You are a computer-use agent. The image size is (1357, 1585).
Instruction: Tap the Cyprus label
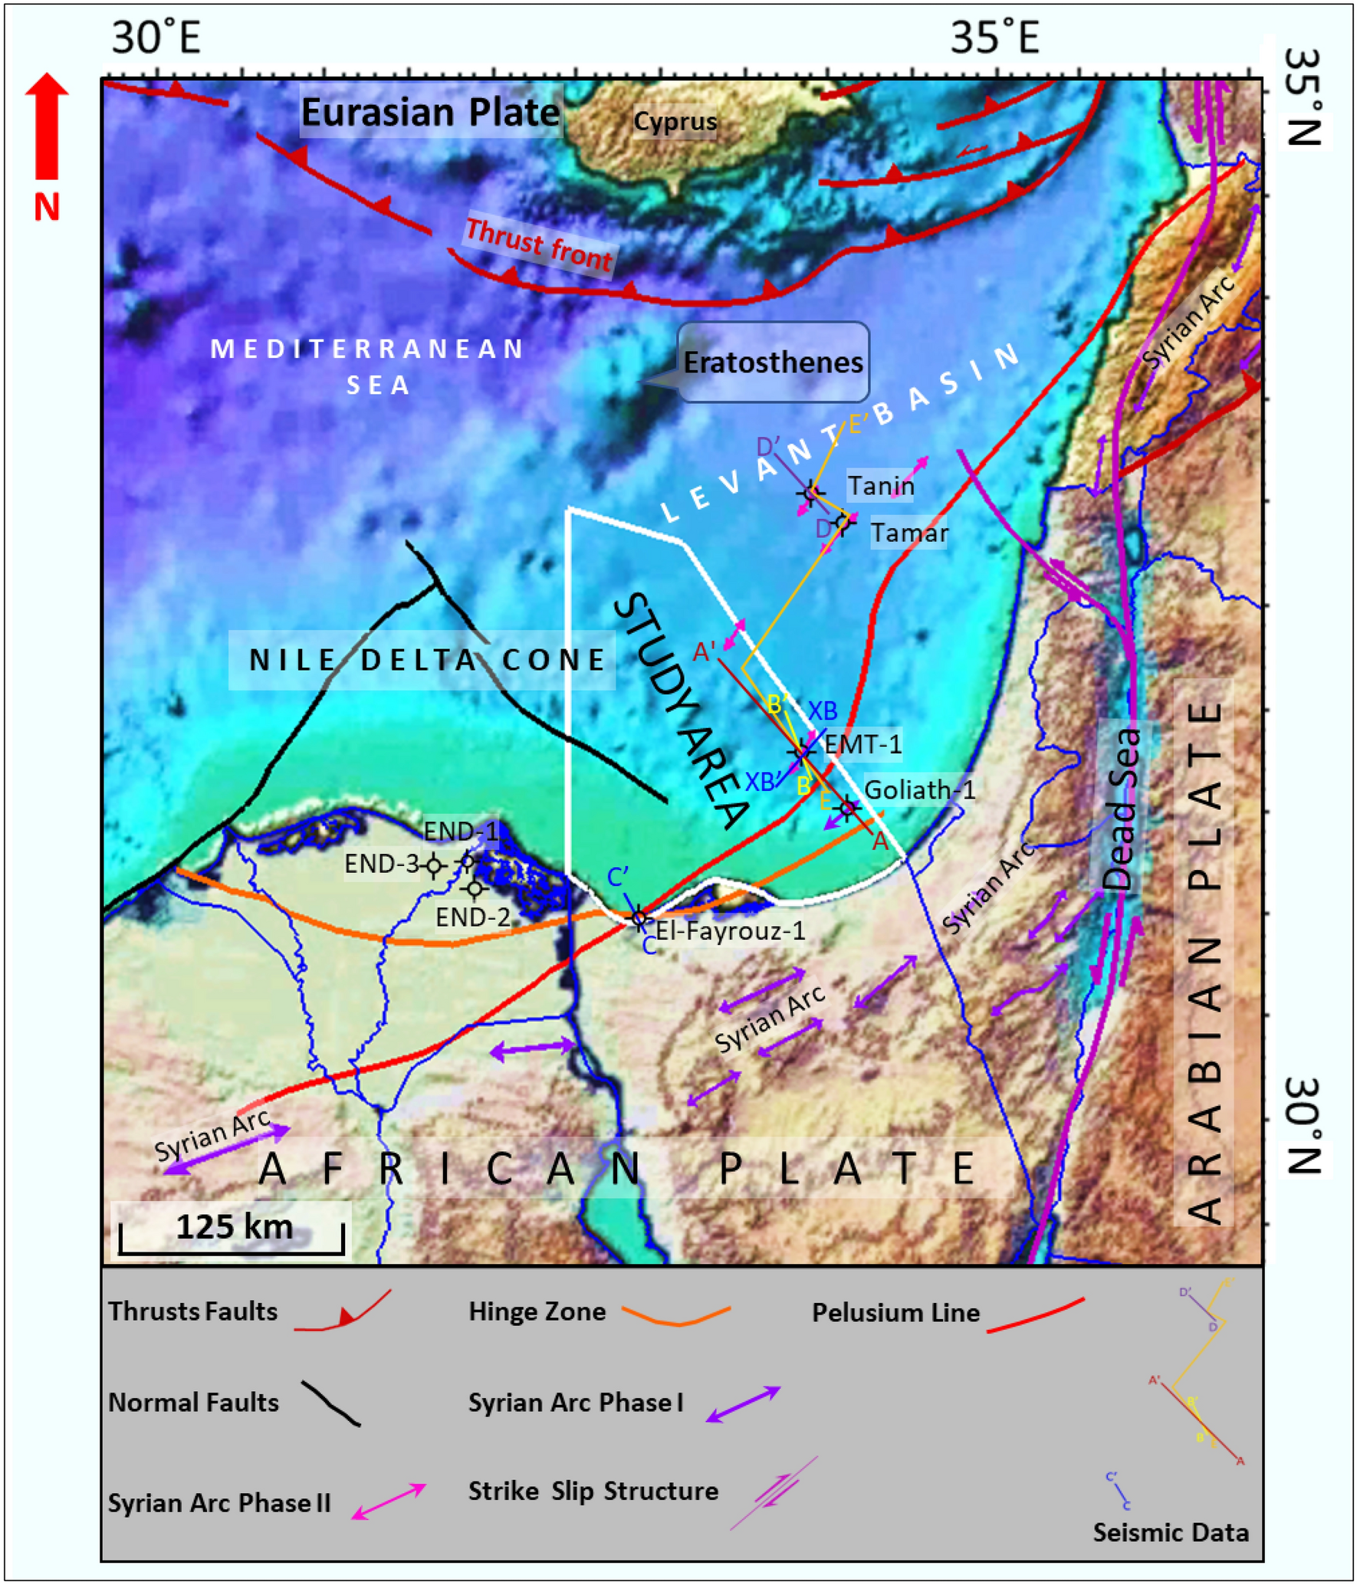pyautogui.click(x=675, y=121)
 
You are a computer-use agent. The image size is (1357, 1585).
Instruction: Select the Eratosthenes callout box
pyautogui.click(x=773, y=363)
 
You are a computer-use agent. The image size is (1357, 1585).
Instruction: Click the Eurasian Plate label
pyautogui.click(x=430, y=113)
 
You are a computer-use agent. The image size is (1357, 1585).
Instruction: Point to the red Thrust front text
pyautogui.click(x=539, y=244)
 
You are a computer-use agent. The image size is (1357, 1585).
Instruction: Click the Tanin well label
pyautogui.click(x=880, y=485)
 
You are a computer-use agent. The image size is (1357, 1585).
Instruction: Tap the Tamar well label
pyautogui.click(x=909, y=533)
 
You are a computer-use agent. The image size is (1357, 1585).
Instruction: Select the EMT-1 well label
pyautogui.click(x=863, y=743)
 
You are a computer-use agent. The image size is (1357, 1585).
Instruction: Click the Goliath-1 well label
pyautogui.click(x=919, y=789)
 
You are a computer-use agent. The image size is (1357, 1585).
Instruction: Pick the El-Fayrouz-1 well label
pyautogui.click(x=730, y=930)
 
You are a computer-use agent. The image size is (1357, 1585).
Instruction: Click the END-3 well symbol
pyautogui.click(x=434, y=865)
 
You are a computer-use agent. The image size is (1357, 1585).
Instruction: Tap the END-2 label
pyautogui.click(x=472, y=917)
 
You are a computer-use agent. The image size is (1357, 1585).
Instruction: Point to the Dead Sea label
pyautogui.click(x=1122, y=809)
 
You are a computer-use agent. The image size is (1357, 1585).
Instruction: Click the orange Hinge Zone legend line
pyautogui.click(x=676, y=1315)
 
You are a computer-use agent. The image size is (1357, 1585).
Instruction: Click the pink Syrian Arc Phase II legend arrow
pyautogui.click(x=389, y=1501)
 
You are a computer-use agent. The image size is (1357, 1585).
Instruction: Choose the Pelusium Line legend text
pyautogui.click(x=895, y=1313)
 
